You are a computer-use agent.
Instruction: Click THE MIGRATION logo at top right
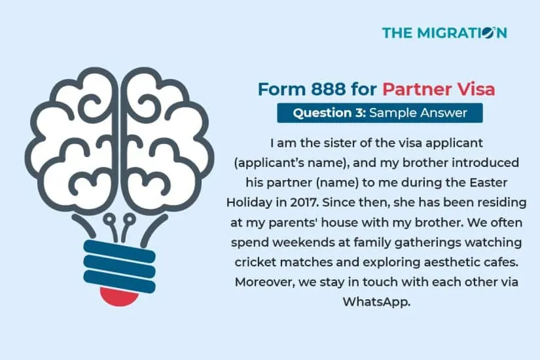coord(444,32)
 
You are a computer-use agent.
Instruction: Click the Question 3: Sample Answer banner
coord(380,113)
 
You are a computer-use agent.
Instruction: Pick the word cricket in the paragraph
coord(257,261)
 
